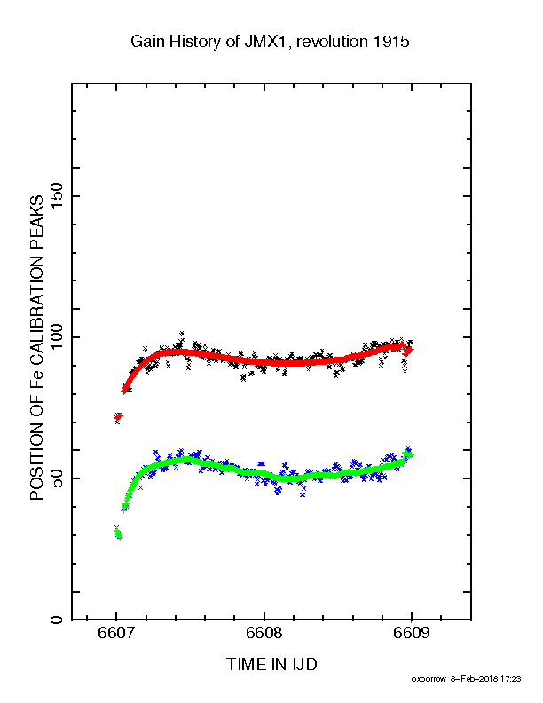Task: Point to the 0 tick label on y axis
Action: [57, 620]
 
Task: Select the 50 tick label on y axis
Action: [57, 478]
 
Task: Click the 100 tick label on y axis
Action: [57, 336]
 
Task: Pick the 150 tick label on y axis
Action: [57, 195]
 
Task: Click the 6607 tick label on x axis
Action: [116, 632]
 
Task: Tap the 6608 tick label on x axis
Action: [264, 632]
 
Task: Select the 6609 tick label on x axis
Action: [412, 632]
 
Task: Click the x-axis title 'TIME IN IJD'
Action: [271, 664]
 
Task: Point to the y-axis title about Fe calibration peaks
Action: [36, 347]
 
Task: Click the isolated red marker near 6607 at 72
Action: [118, 417]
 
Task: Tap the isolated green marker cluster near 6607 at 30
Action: [118, 534]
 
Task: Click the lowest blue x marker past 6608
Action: [303, 494]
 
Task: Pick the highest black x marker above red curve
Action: [182, 334]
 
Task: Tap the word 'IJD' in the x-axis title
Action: [304, 664]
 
